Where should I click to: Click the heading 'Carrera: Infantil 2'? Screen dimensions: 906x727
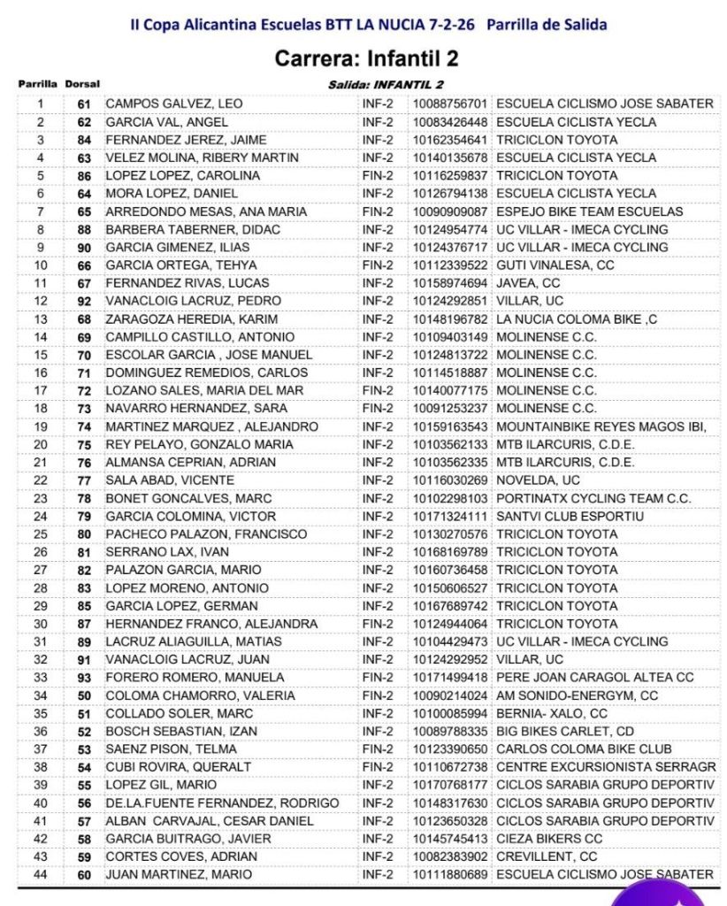click(367, 59)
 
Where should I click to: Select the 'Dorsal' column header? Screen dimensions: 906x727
click(82, 84)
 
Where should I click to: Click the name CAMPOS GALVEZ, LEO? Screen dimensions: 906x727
click(173, 104)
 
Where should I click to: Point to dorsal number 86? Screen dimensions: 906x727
click(84, 175)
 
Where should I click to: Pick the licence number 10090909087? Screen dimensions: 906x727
click(449, 211)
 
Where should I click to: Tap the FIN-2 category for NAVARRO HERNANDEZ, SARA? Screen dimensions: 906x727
click(378, 409)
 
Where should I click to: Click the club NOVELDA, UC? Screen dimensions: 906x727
click(529, 480)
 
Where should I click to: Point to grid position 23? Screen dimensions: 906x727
click(40, 498)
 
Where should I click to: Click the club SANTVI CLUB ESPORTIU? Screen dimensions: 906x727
click(557, 516)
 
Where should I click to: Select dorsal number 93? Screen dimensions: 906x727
click(84, 678)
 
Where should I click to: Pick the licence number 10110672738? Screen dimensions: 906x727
click(449, 767)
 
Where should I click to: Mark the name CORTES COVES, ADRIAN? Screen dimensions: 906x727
click(181, 856)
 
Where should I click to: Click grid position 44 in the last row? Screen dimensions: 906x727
click(40, 874)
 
